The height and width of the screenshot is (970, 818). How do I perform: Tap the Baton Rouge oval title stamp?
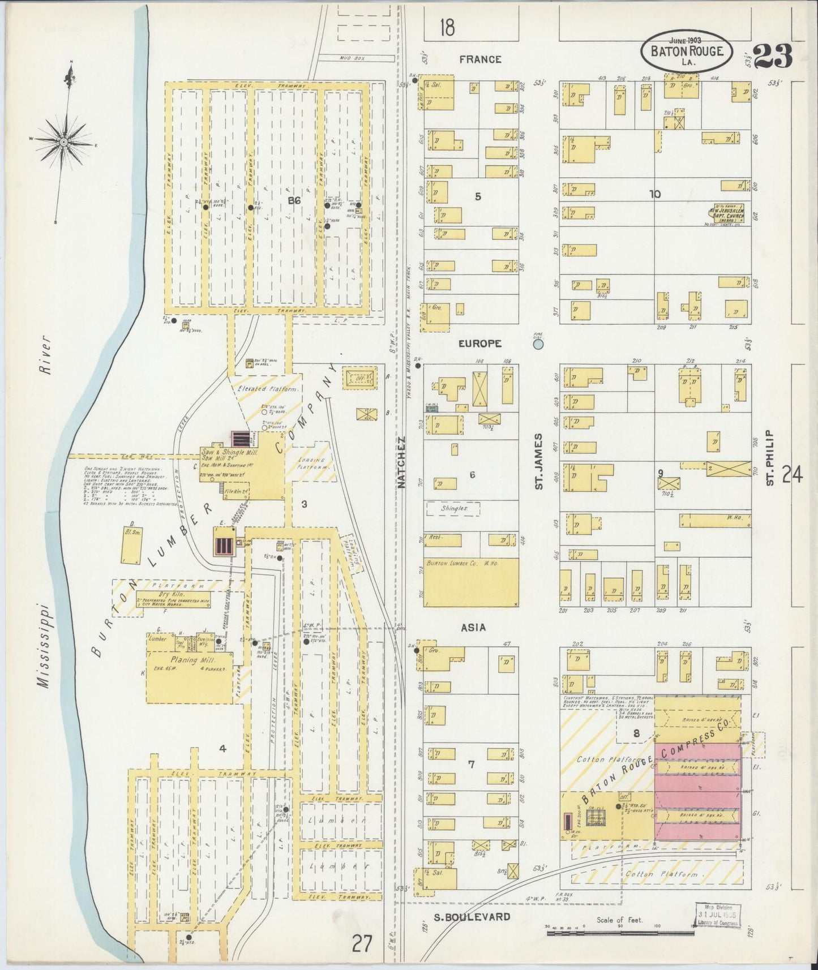click(687, 51)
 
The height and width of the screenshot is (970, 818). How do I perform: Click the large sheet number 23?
click(773, 55)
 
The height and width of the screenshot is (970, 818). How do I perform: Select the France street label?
click(480, 59)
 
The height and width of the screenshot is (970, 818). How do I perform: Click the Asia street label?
click(473, 628)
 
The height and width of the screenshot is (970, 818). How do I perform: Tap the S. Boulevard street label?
click(480, 917)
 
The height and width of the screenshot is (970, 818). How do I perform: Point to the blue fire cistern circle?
click(538, 344)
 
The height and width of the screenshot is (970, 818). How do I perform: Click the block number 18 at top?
click(447, 27)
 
